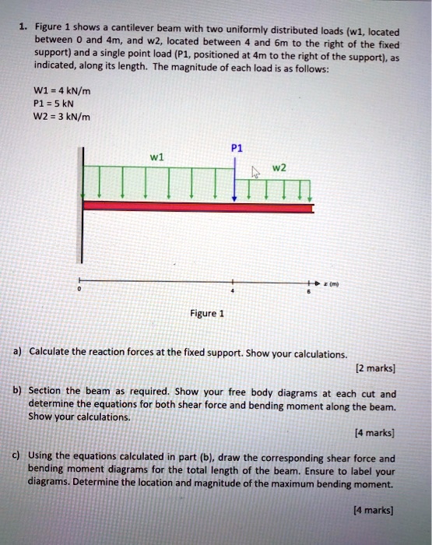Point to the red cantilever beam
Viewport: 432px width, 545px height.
(x=198, y=206)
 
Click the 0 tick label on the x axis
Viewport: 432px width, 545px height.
(x=78, y=289)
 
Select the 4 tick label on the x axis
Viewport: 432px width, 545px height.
(x=230, y=290)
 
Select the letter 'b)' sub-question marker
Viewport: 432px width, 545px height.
(x=16, y=389)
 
